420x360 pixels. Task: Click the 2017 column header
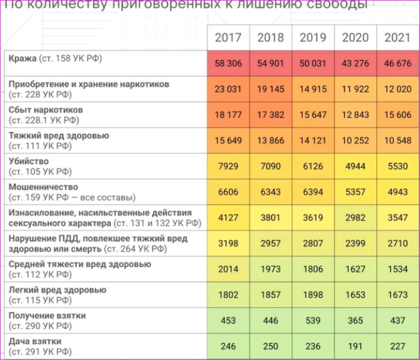[x=228, y=38]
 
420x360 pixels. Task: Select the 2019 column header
[x=313, y=38]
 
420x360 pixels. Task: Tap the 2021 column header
[x=397, y=38]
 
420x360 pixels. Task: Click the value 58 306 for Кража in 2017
[x=228, y=63]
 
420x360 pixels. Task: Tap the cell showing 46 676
[x=397, y=63]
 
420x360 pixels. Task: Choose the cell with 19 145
[x=271, y=89]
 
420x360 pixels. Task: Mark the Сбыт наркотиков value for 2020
[x=355, y=115]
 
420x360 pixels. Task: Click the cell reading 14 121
[x=313, y=141]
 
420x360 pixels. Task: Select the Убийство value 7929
[x=228, y=166]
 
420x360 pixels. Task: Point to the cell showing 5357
[x=355, y=192]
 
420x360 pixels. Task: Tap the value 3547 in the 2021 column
[x=397, y=217]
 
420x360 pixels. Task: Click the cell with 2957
[x=271, y=243]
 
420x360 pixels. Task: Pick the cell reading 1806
[x=313, y=269]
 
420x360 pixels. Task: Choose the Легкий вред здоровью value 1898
[x=313, y=295]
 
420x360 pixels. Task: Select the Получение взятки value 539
[x=313, y=320]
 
